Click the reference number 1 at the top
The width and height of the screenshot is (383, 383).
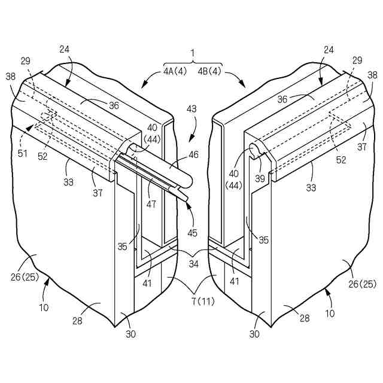pyautogui.click(x=193, y=52)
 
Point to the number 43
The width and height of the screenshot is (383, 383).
pyautogui.click(x=191, y=110)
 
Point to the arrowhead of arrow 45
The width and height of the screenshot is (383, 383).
pyautogui.click(x=188, y=204)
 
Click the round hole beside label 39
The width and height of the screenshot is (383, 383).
pyautogui.click(x=254, y=148)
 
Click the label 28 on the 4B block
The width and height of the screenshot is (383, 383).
pyautogui.click(x=304, y=318)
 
